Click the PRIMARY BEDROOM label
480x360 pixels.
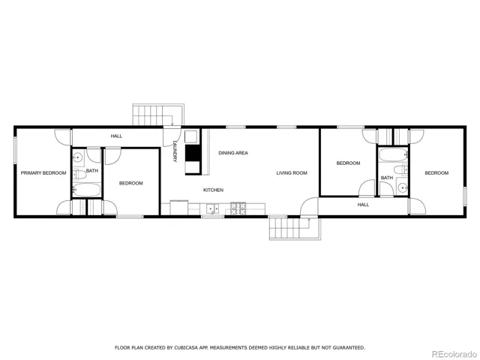(x=43, y=173)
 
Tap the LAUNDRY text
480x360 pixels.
(x=175, y=151)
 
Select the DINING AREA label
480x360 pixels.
(x=233, y=153)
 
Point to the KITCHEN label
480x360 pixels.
(x=213, y=190)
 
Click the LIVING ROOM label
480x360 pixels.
(x=292, y=173)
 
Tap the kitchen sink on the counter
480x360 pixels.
(x=213, y=208)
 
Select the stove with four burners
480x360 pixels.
(x=238, y=208)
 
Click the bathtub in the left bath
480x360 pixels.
(x=87, y=190)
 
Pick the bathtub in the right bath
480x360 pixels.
(x=393, y=155)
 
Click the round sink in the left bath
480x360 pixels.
(x=78, y=158)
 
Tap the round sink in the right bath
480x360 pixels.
(x=403, y=187)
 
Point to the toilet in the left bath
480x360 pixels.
(x=79, y=175)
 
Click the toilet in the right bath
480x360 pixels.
(x=400, y=169)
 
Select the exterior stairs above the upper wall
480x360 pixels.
(x=158, y=115)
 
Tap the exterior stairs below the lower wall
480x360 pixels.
(x=295, y=228)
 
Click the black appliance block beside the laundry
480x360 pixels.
(x=193, y=152)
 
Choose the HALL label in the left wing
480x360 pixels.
(x=116, y=136)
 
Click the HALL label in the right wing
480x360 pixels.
(x=363, y=205)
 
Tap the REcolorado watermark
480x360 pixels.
(x=454, y=354)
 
